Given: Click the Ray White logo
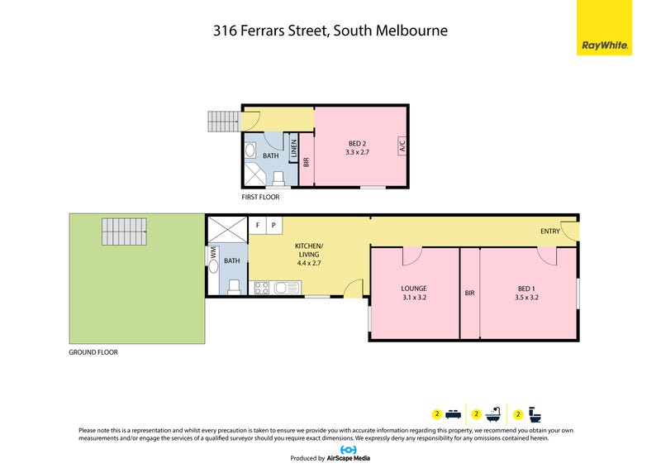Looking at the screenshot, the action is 604,27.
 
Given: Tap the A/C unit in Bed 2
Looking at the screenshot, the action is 402,146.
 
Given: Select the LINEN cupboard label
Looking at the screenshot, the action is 294,148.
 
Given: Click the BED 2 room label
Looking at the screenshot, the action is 357,144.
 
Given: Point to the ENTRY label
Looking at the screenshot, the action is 550,232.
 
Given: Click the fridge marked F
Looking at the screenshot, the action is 257,226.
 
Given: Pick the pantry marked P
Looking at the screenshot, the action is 273,226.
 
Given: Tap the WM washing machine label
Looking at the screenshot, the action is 213,253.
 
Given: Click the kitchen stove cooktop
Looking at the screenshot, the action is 262,289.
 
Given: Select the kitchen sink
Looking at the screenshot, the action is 288,289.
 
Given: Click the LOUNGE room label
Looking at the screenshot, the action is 414,289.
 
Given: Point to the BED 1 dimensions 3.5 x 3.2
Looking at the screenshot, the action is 526,298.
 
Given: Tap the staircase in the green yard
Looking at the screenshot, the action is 124,232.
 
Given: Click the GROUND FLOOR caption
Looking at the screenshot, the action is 93,352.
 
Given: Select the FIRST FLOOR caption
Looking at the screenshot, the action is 260,197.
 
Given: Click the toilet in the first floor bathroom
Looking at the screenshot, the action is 278,178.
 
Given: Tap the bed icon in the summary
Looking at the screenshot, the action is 453,414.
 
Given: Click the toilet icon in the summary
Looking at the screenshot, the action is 535,415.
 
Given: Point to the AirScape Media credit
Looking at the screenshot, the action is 348,458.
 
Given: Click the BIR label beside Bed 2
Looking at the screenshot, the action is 307,161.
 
